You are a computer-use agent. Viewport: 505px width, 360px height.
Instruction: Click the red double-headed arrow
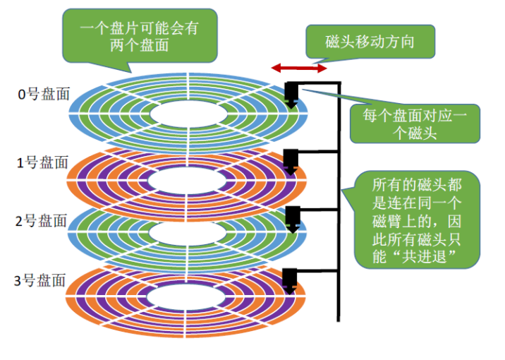click(300, 68)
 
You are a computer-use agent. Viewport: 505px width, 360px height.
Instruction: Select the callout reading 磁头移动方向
click(370, 42)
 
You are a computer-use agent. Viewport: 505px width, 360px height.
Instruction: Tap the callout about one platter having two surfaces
click(138, 33)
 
